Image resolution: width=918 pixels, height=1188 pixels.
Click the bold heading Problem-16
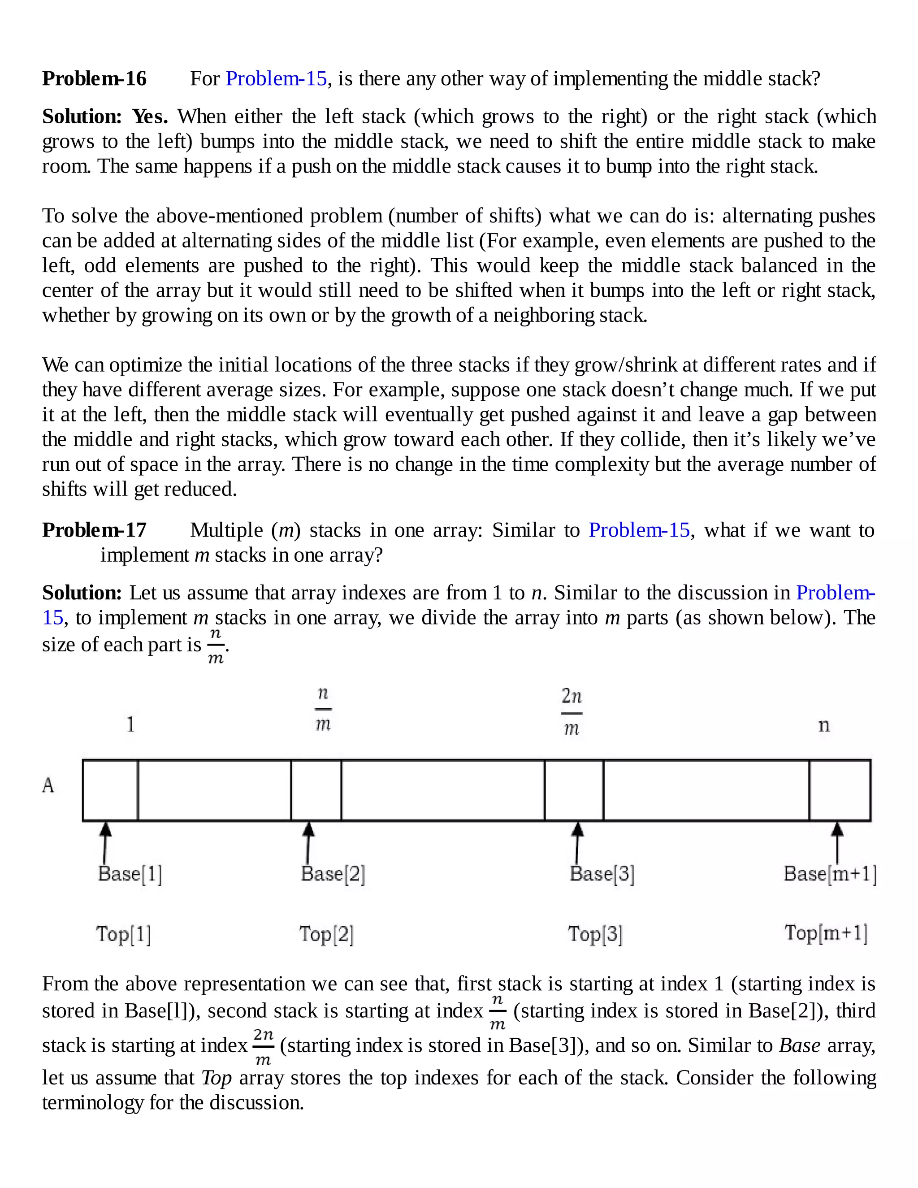pyautogui.click(x=94, y=79)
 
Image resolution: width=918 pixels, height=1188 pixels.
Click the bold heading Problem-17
pyautogui.click(x=94, y=530)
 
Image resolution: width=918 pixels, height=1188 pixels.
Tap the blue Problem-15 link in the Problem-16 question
pyautogui.click(x=276, y=79)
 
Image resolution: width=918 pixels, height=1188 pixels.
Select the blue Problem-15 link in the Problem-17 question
pyautogui.click(x=639, y=530)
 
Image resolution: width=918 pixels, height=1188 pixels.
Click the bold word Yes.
pyautogui.click(x=150, y=117)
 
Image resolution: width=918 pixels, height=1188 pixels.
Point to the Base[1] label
pyautogui.click(x=130, y=874)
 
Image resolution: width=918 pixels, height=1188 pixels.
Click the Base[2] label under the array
pyautogui.click(x=333, y=874)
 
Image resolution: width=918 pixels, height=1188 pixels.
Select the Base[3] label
pyautogui.click(x=602, y=874)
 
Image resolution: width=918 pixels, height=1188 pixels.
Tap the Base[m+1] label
pyautogui.click(x=830, y=874)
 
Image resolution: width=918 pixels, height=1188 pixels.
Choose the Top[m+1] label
pyautogui.click(x=826, y=933)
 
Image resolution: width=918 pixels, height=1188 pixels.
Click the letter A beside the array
pyautogui.click(x=48, y=785)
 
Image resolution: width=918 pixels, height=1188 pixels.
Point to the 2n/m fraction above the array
pyautogui.click(x=572, y=711)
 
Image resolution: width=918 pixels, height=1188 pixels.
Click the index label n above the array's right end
pyautogui.click(x=824, y=725)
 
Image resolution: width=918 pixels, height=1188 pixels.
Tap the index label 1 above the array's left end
pyautogui.click(x=130, y=724)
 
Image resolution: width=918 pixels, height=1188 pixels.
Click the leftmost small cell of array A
pyautogui.click(x=110, y=790)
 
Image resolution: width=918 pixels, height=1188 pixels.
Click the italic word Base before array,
pyautogui.click(x=800, y=1045)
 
